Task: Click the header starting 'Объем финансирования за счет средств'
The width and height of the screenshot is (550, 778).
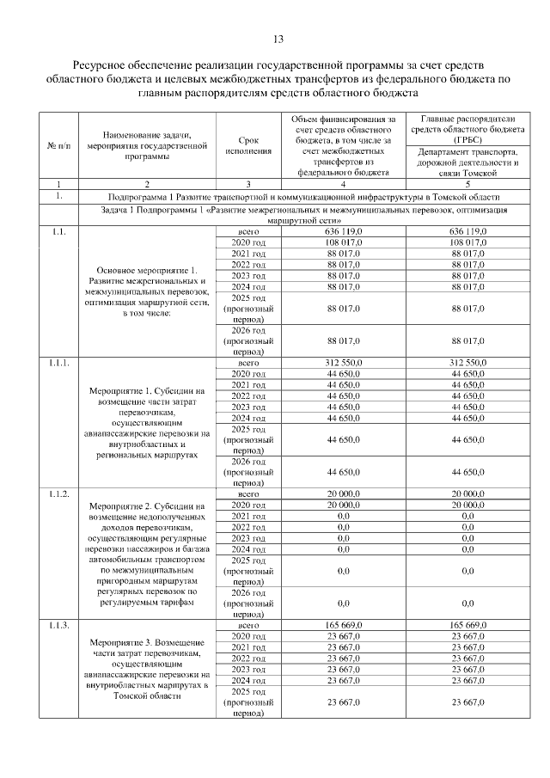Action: point(344,144)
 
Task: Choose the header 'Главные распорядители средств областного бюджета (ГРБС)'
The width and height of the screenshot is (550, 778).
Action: point(456,128)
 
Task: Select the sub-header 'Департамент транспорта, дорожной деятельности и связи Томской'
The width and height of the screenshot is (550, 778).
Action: point(456,162)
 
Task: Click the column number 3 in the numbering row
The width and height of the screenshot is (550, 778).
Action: point(248,184)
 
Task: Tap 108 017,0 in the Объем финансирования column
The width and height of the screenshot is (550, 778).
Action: point(344,244)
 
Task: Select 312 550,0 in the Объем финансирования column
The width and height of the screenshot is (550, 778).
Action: point(344,364)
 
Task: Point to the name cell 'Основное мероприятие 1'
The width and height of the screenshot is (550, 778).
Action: point(147,291)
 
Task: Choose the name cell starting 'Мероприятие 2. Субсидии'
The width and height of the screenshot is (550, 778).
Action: point(147,554)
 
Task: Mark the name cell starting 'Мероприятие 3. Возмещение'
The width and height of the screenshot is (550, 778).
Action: point(147,670)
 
